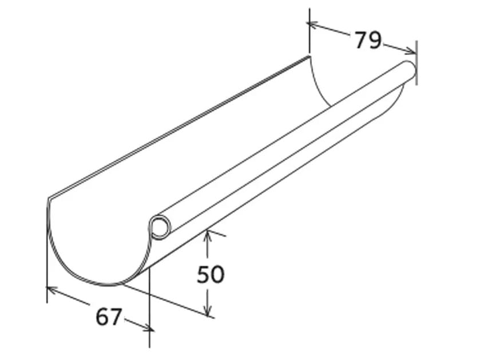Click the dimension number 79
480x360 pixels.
(367, 40)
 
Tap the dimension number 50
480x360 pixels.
(211, 275)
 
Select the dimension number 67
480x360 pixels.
(109, 317)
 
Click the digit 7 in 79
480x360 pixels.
(360, 40)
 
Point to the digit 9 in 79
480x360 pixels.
(375, 41)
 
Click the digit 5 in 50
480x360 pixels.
(204, 275)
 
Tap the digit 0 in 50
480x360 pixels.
(218, 275)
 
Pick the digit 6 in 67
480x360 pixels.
(102, 317)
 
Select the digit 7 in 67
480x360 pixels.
(116, 317)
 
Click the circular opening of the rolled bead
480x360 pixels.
(160, 228)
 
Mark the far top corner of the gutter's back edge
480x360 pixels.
(309, 56)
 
